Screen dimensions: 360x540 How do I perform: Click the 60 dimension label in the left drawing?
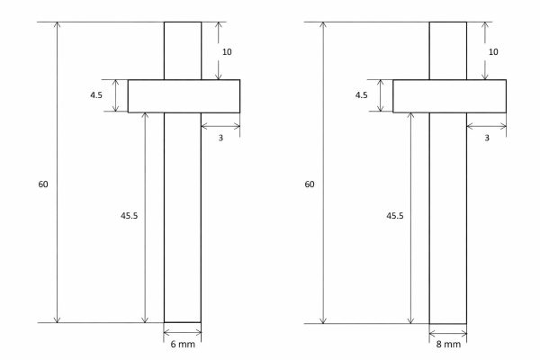click(43, 184)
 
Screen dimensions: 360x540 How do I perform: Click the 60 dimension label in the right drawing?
click(310, 184)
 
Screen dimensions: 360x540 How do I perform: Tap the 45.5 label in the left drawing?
click(130, 216)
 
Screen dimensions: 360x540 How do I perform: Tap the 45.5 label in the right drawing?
click(395, 216)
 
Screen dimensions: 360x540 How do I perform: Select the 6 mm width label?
click(183, 345)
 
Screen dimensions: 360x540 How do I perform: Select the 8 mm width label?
click(448, 345)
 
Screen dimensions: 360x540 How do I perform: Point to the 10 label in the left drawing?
click(227, 52)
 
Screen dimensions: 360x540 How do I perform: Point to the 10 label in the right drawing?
click(492, 52)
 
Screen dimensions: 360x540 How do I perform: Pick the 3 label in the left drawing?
click(221, 138)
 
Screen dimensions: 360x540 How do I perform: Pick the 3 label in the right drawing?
click(487, 138)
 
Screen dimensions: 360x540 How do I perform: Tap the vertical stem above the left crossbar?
click(183, 50)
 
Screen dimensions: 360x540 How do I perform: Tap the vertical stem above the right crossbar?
click(448, 50)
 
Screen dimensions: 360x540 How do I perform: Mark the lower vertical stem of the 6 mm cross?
click(183, 216)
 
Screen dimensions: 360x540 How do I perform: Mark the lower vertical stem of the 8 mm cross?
click(448, 216)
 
